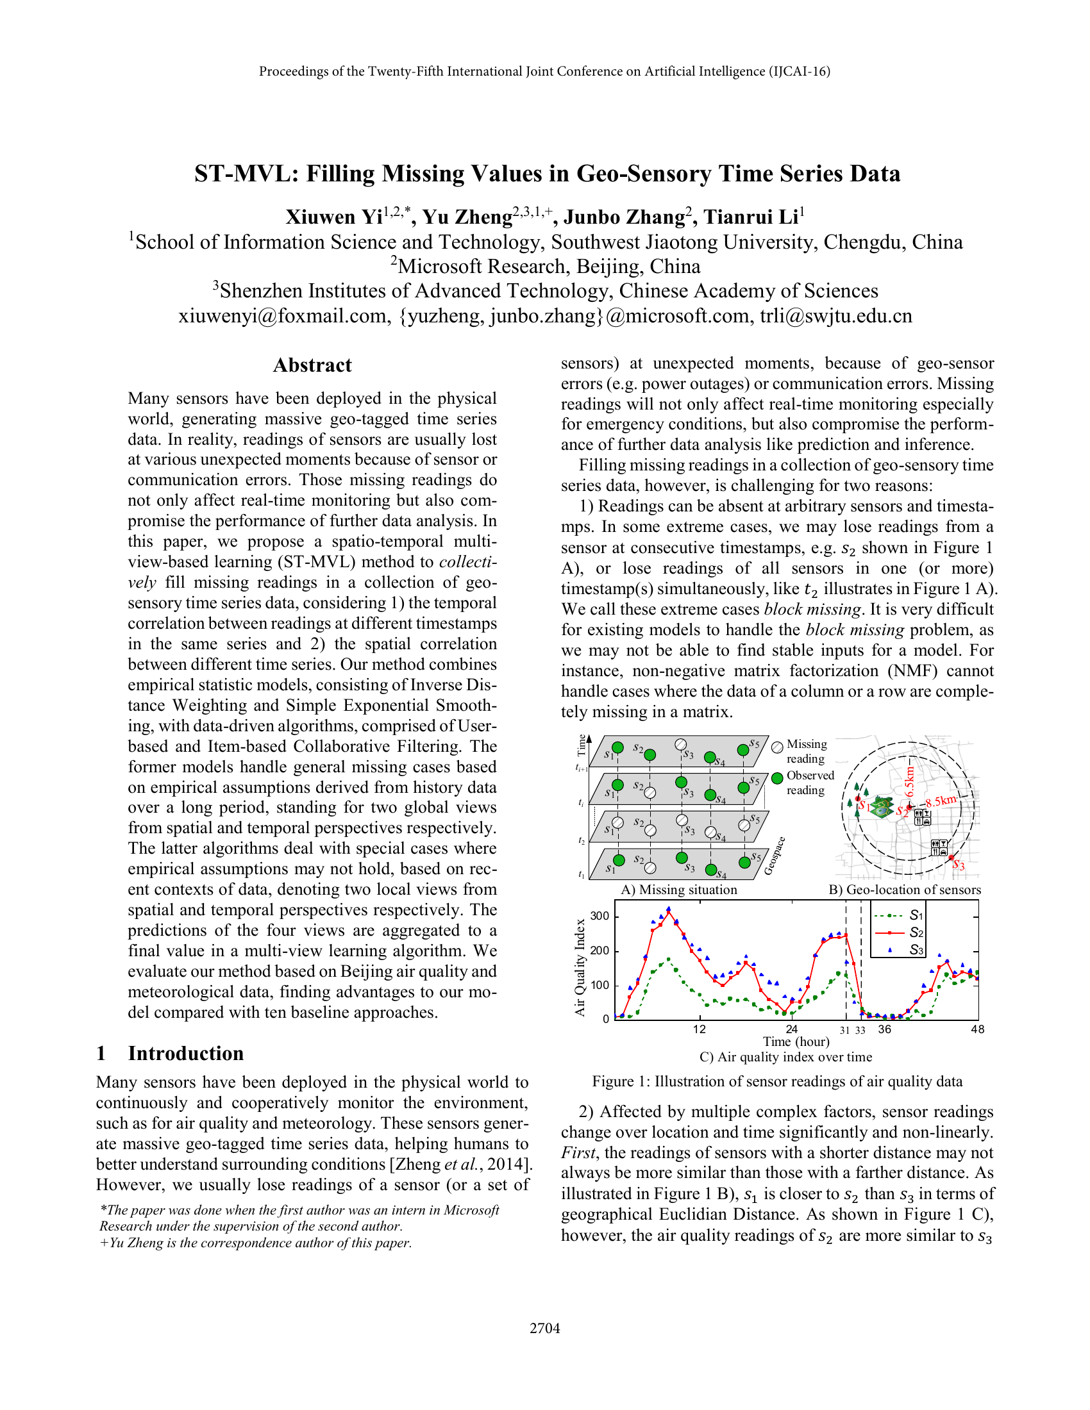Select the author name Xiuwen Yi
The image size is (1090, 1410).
pyautogui.click(x=334, y=217)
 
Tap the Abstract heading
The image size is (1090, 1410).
pyautogui.click(x=312, y=365)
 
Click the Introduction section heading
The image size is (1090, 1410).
pyautogui.click(x=185, y=1053)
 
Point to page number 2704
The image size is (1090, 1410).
pyautogui.click(x=544, y=1328)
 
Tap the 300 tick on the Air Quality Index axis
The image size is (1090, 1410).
pyautogui.click(x=600, y=915)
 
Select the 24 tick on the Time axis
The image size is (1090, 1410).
pyautogui.click(x=792, y=1029)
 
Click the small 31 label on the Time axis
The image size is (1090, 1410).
pyautogui.click(x=844, y=1031)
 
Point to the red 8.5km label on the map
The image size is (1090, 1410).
pyautogui.click(x=941, y=801)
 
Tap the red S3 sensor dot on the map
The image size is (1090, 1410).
pyautogui.click(x=951, y=858)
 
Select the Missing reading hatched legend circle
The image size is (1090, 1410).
pyautogui.click(x=778, y=747)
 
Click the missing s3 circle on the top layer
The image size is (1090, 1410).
pyautogui.click(x=680, y=744)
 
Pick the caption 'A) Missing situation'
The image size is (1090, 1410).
pyautogui.click(x=678, y=890)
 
